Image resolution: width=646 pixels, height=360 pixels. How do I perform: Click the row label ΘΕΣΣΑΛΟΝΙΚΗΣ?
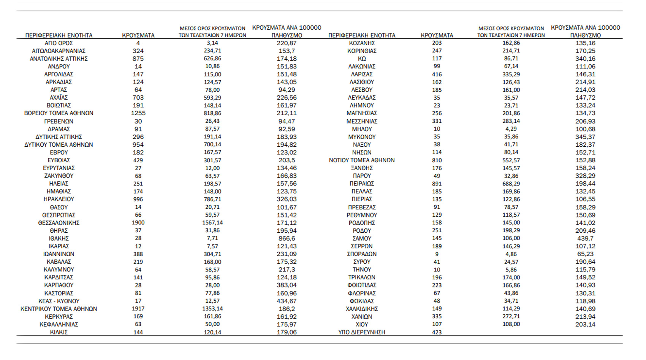59,223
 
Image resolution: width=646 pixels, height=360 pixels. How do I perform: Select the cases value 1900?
138,223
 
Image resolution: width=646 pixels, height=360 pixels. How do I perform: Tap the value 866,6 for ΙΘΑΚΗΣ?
287,238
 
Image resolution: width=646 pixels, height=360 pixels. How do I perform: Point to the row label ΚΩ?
362,59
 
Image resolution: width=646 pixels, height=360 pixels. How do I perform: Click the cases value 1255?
138,113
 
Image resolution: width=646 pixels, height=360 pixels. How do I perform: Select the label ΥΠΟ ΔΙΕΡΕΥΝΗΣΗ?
362,332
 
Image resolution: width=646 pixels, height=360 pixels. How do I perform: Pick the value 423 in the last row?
437,332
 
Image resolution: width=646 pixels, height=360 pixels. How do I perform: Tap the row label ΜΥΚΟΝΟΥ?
362,137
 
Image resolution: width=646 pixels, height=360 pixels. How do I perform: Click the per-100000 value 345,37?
585,137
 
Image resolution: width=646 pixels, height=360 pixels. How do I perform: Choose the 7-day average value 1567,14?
212,223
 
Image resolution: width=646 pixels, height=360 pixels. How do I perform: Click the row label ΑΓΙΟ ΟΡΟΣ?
59,43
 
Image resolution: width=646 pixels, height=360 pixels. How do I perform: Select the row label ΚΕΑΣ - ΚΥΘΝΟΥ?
59,301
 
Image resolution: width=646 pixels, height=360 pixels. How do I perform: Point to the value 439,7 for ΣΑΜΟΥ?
585,238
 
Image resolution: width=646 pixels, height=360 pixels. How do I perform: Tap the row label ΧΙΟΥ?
362,324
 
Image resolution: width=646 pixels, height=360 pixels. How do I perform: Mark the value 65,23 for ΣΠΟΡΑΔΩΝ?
585,254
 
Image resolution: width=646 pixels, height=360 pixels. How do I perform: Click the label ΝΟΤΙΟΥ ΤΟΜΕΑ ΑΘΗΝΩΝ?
362,160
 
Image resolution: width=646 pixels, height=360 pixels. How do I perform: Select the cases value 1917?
138,309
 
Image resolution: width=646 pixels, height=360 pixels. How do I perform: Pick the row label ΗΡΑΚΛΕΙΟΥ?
59,199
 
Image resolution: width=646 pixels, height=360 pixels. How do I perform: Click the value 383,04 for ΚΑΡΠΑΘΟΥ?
287,285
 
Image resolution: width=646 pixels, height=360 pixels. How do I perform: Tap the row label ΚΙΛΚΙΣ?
59,332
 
